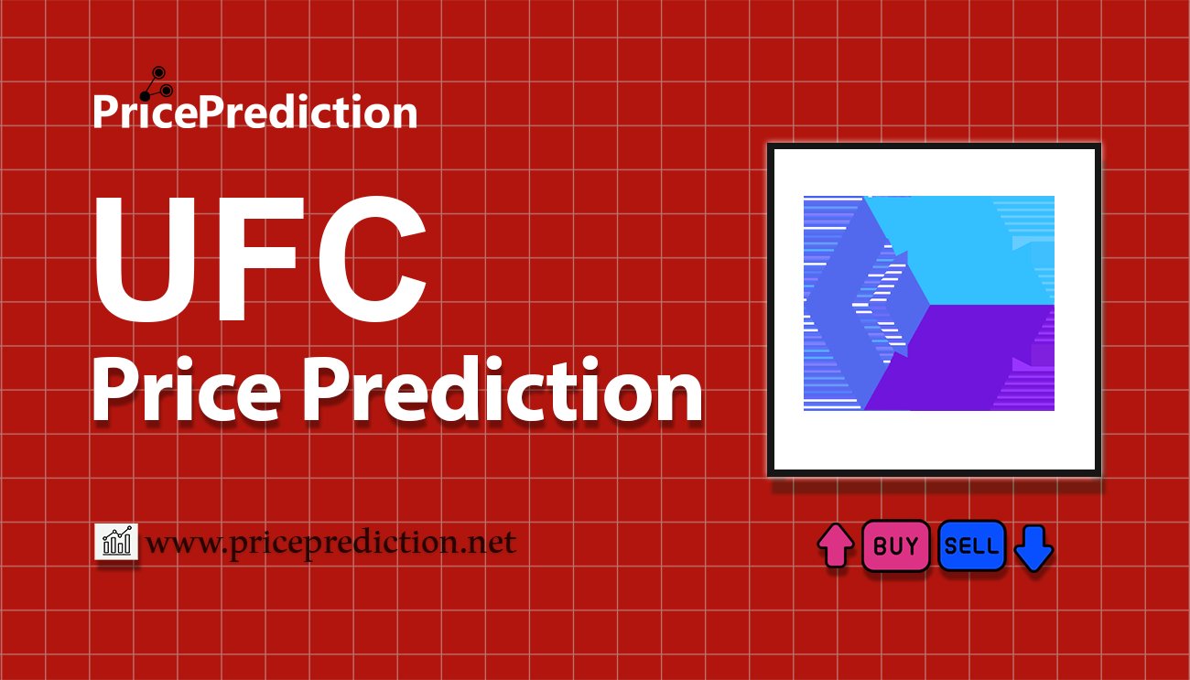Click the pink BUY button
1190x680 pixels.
coord(895,545)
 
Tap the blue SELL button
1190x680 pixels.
coord(971,545)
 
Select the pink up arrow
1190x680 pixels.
coord(836,545)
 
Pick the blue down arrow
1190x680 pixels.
coord(1033,548)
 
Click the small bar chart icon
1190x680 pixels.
coord(116,541)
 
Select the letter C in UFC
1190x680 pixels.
coord(372,259)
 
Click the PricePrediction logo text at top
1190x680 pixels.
coord(255,112)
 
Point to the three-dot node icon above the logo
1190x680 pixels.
coord(157,84)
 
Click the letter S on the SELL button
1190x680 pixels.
coord(951,546)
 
